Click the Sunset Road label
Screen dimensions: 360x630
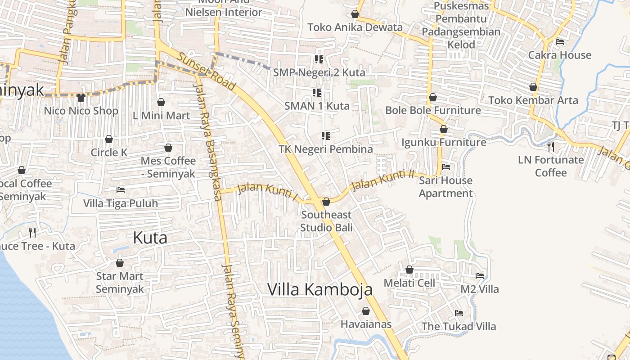pyautogui.click(x=206, y=71)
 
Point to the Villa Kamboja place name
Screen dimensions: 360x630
pyautogui.click(x=320, y=289)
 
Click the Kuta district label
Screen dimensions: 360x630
pyautogui.click(x=150, y=238)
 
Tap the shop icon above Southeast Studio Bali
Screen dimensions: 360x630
pyautogui.click(x=326, y=201)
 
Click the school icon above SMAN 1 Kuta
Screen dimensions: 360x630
pyautogui.click(x=317, y=93)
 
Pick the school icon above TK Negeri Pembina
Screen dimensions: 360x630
pyautogui.click(x=326, y=135)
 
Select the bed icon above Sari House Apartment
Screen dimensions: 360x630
pyautogui.click(x=446, y=166)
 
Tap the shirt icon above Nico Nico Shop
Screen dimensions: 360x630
pyautogui.click(x=81, y=97)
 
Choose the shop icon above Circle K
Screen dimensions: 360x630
pyautogui.click(x=109, y=139)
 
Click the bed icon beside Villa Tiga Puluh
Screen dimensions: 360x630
pyautogui.click(x=120, y=189)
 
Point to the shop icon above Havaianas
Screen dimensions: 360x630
pyautogui.click(x=366, y=311)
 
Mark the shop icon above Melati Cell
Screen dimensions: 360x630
pyautogui.click(x=409, y=270)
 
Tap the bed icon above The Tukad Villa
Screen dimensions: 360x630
pyautogui.click(x=459, y=313)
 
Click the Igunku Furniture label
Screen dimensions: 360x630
pyautogui.click(x=444, y=142)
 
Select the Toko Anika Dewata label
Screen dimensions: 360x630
pyautogui.click(x=355, y=27)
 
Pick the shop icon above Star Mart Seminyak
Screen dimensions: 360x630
pyautogui.click(x=120, y=263)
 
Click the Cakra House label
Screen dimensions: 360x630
pyautogui.click(x=560, y=55)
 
